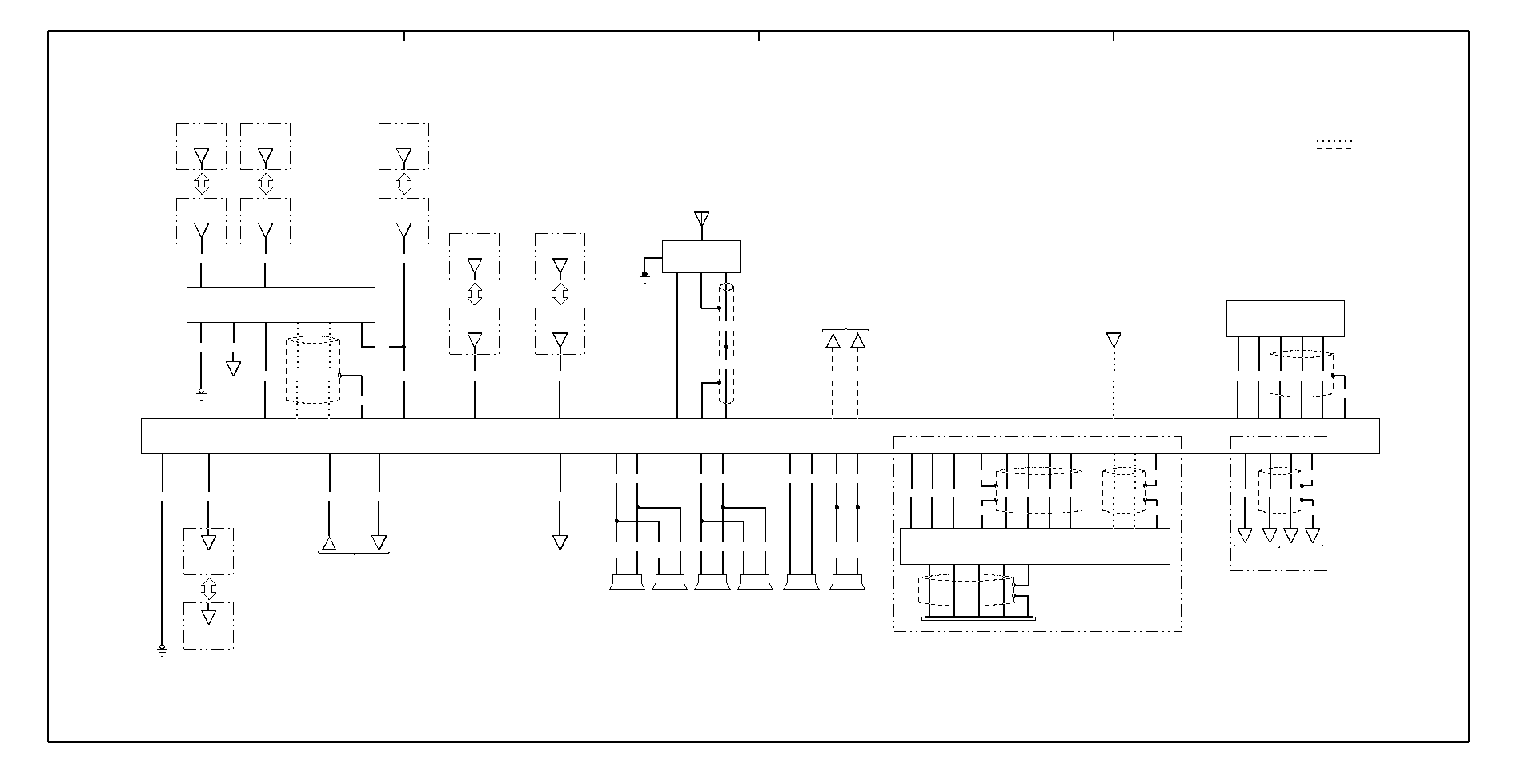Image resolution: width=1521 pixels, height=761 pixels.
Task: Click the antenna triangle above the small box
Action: (x=701, y=219)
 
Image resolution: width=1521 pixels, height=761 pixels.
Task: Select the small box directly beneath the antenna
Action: (x=701, y=256)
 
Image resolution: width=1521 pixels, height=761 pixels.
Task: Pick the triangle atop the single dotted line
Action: (x=1113, y=340)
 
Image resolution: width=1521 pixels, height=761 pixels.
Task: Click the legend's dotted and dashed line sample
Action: (x=1334, y=144)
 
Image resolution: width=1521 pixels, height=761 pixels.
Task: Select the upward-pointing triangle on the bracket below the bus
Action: (x=329, y=544)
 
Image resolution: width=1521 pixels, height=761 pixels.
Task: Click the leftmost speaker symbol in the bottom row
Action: (x=627, y=582)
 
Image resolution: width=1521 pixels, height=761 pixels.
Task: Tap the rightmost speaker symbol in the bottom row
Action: (x=847, y=582)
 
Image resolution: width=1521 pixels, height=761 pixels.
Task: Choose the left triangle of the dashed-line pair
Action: (x=833, y=341)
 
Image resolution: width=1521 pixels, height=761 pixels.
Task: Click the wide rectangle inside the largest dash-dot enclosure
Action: (x=1034, y=546)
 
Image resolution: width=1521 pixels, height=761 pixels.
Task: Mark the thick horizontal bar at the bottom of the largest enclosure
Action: (x=978, y=618)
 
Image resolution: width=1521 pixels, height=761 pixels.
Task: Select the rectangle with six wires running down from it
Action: (x=1285, y=319)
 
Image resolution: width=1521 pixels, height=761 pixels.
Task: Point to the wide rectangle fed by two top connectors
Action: (x=280, y=304)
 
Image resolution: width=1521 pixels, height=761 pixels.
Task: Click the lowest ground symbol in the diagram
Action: (x=162, y=650)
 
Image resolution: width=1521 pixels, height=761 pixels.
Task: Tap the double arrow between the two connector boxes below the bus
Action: (x=208, y=589)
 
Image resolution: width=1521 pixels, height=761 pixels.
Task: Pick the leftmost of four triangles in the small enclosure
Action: (x=1244, y=535)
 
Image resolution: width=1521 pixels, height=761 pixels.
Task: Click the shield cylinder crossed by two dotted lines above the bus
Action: (x=313, y=370)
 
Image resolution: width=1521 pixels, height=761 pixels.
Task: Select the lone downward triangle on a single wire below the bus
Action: (x=560, y=542)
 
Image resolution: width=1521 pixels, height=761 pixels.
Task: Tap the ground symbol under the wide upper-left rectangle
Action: (x=201, y=393)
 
